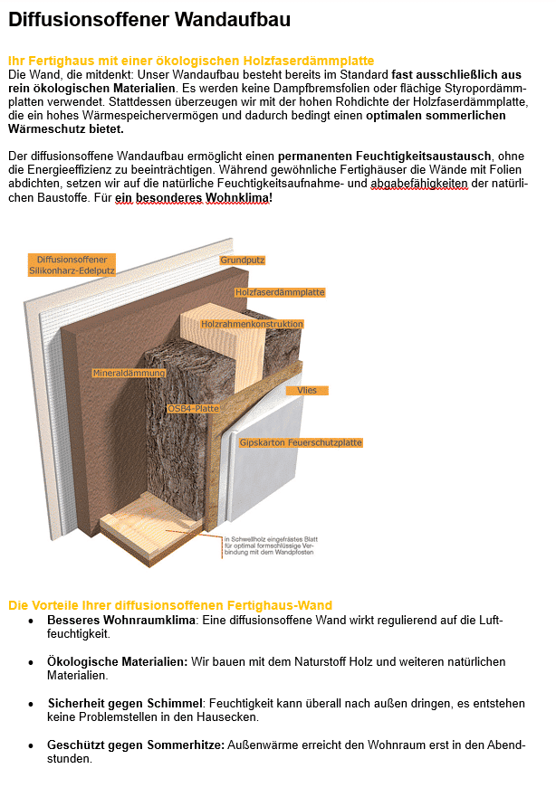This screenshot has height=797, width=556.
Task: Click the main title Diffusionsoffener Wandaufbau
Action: [149, 19]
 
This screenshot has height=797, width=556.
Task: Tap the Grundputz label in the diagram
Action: [242, 261]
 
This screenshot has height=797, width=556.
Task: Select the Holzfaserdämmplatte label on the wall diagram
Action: [280, 292]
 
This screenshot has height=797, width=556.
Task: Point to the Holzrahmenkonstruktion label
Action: [252, 324]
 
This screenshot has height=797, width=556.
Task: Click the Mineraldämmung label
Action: [129, 373]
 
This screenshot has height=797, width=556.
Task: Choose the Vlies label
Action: [307, 391]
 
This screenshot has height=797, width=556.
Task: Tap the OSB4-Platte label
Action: [193, 408]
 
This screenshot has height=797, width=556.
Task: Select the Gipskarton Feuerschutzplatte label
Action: [301, 442]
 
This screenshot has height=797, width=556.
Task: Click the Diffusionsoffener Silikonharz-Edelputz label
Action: [72, 265]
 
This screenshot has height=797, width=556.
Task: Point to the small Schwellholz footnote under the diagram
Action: [271, 546]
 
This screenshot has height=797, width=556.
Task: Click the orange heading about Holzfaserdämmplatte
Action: [191, 61]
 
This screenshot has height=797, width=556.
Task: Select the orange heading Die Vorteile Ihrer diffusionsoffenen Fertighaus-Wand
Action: [170, 605]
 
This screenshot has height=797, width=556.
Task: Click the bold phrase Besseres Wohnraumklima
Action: [121, 620]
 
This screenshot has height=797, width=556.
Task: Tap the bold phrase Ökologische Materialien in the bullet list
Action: [118, 662]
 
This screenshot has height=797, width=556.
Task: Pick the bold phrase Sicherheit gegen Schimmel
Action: [125, 704]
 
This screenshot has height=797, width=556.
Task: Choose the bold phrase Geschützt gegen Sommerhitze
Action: [136, 745]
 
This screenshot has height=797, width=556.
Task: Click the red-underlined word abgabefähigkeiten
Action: [418, 184]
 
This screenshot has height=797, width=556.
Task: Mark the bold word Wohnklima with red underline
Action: [237, 198]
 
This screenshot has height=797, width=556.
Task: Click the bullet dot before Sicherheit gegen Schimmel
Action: [32, 705]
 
